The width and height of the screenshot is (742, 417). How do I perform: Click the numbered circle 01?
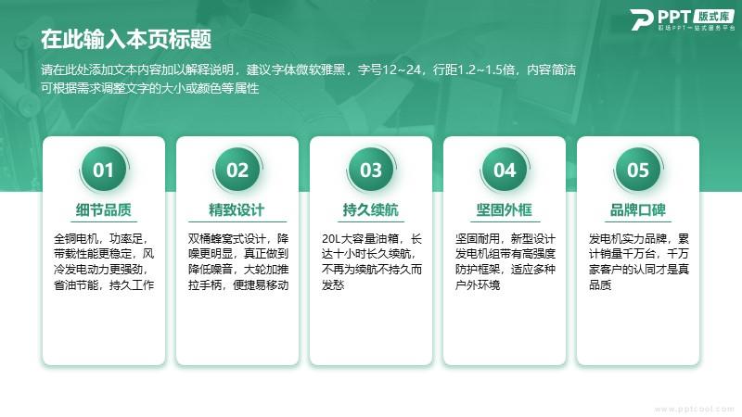(x=103, y=170)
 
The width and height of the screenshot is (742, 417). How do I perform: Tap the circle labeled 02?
(x=237, y=170)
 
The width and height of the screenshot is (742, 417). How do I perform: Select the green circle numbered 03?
(x=370, y=170)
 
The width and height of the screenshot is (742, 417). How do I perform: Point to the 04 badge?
(x=505, y=170)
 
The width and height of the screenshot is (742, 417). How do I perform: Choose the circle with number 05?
(x=638, y=170)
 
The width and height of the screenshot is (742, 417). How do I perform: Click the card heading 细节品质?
(x=104, y=209)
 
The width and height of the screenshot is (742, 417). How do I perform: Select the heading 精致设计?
(x=237, y=209)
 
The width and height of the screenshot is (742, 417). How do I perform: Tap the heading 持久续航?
(x=370, y=209)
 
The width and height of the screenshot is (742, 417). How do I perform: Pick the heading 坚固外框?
(x=505, y=209)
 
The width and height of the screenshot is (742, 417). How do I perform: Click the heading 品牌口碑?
(x=638, y=209)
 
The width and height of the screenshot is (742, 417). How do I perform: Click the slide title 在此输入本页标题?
(x=126, y=39)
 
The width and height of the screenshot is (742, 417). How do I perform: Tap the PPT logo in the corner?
(x=683, y=19)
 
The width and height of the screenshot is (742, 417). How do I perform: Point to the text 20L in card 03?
(x=331, y=239)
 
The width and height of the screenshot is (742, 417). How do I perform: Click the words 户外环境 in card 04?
(x=478, y=285)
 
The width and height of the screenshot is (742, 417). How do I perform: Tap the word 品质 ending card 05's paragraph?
(x=600, y=285)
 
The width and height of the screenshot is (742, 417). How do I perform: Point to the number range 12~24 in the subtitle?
(x=402, y=70)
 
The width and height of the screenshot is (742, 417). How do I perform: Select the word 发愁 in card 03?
(x=333, y=285)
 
